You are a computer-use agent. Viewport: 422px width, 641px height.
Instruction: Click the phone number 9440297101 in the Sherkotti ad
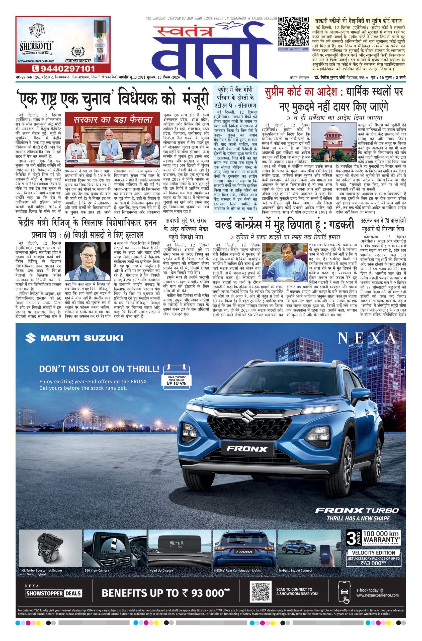click(x=63, y=68)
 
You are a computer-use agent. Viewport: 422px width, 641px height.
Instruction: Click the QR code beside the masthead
click(x=293, y=32)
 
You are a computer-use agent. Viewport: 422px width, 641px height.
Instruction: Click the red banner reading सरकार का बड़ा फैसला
click(x=113, y=120)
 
